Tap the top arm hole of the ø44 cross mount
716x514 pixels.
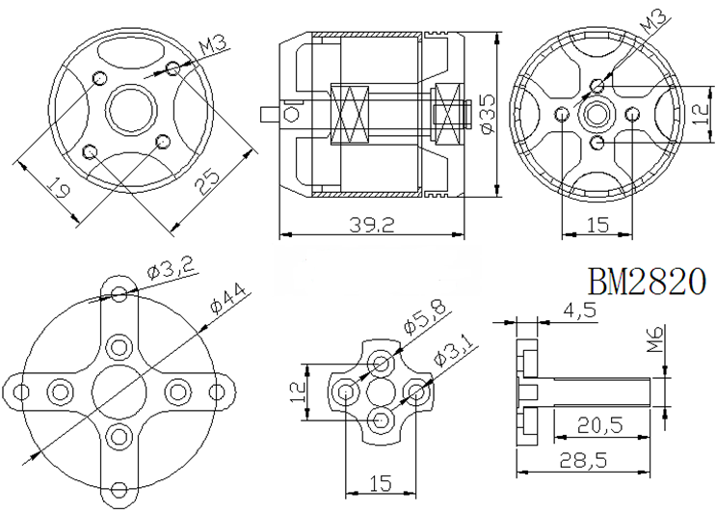point(119,294)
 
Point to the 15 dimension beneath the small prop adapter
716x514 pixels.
point(380,482)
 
